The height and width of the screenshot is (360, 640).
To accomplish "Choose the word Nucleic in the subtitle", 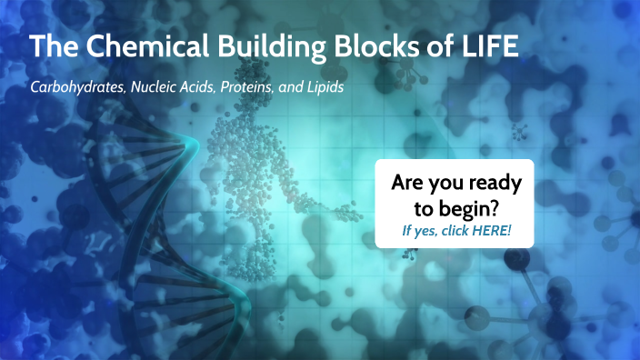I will point(158,91).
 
